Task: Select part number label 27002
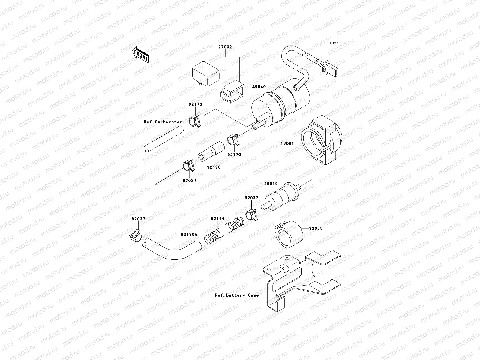click(x=225, y=47)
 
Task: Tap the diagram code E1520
click(x=336, y=43)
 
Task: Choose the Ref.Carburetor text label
click(x=163, y=122)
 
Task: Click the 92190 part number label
click(x=214, y=167)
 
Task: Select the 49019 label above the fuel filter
click(x=271, y=184)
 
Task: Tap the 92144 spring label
click(x=217, y=219)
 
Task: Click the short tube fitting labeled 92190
click(x=211, y=153)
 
